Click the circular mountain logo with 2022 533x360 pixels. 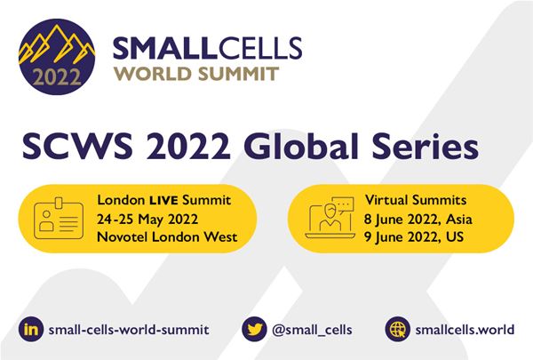[57, 57]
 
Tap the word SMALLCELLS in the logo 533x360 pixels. [207, 48]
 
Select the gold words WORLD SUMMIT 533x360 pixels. [196, 74]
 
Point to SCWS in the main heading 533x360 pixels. [77, 147]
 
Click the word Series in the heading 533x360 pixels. [426, 147]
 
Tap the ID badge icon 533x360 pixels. [59, 218]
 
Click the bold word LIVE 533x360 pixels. [163, 200]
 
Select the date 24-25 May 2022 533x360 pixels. [147, 220]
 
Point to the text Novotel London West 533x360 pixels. [167, 236]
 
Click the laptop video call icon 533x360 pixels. [330, 218]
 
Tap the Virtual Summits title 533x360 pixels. [416, 200]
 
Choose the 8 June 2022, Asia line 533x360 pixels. [418, 220]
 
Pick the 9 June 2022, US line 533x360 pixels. [414, 236]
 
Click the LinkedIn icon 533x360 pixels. [31, 329]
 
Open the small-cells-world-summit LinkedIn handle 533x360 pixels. [129, 330]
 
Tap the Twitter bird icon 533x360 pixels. [254, 329]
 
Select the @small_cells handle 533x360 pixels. [312, 330]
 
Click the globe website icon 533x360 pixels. [397, 329]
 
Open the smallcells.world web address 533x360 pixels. [465, 330]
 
